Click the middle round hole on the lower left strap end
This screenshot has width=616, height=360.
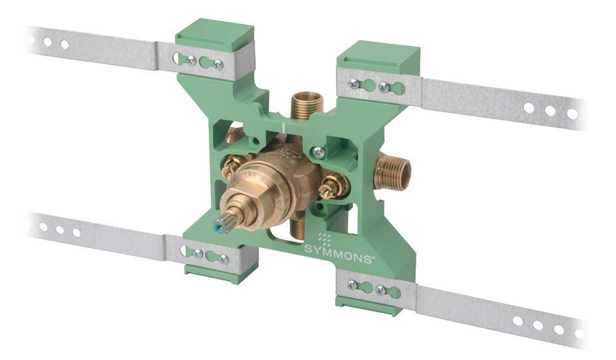click(x=59, y=229)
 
